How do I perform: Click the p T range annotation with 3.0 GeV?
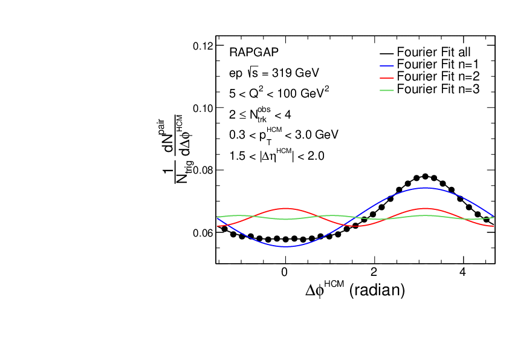[284, 134]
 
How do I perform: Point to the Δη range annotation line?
[277, 155]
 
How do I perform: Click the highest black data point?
[426, 176]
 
